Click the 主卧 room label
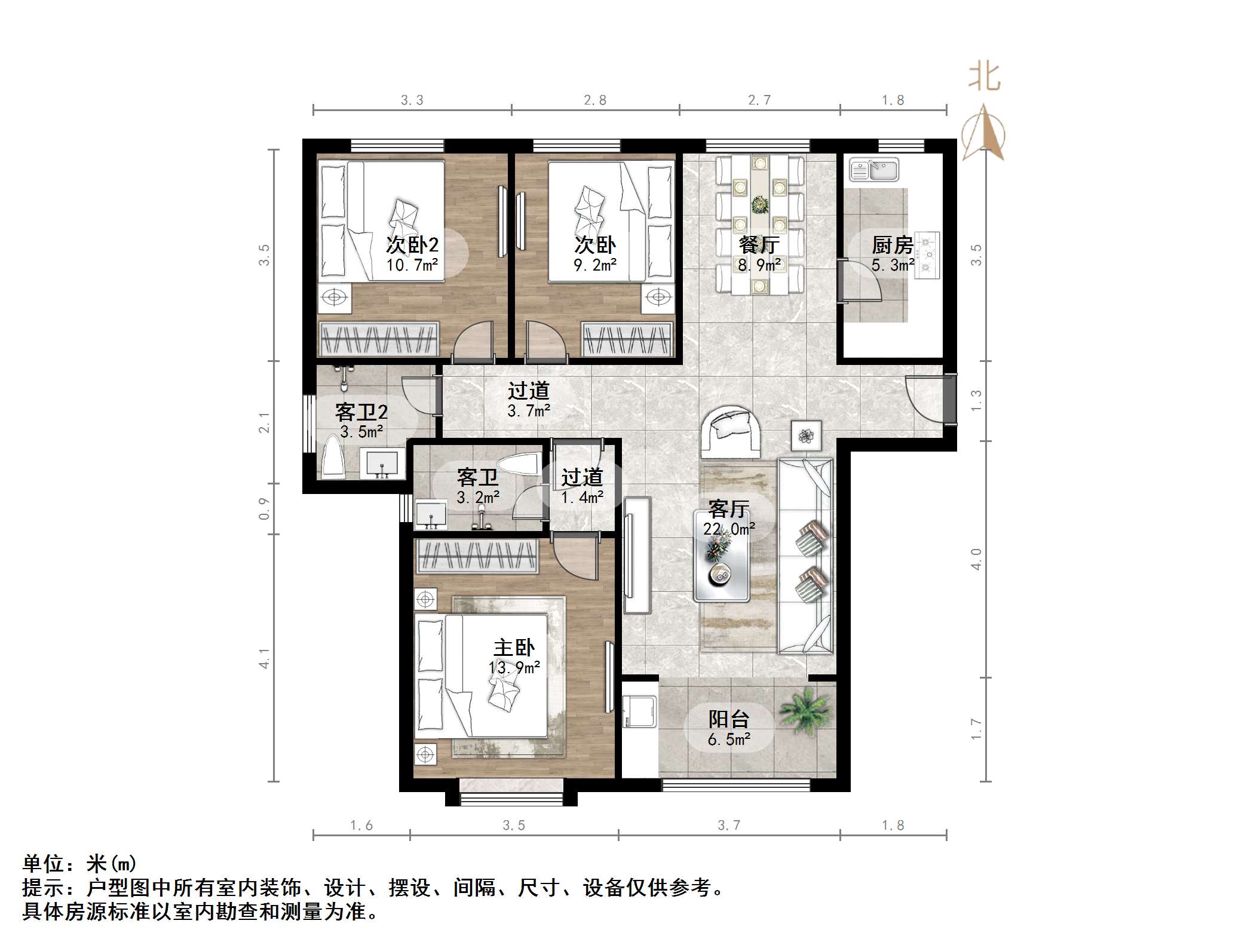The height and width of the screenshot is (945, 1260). [514, 648]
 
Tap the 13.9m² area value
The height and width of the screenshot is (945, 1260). [514, 668]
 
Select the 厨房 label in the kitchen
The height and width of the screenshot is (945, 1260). [892, 245]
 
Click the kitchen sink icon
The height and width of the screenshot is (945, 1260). [874, 170]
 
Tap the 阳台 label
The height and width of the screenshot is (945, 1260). [729, 719]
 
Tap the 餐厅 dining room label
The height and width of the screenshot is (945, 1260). [759, 244]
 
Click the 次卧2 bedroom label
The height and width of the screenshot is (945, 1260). [412, 244]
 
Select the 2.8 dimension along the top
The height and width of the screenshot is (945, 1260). [595, 100]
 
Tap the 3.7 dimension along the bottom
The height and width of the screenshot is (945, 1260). [729, 826]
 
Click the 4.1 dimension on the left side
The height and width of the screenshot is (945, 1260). [264, 658]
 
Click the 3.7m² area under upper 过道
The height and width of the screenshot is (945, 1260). [529, 411]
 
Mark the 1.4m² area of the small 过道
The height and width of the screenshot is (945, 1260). [582, 497]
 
